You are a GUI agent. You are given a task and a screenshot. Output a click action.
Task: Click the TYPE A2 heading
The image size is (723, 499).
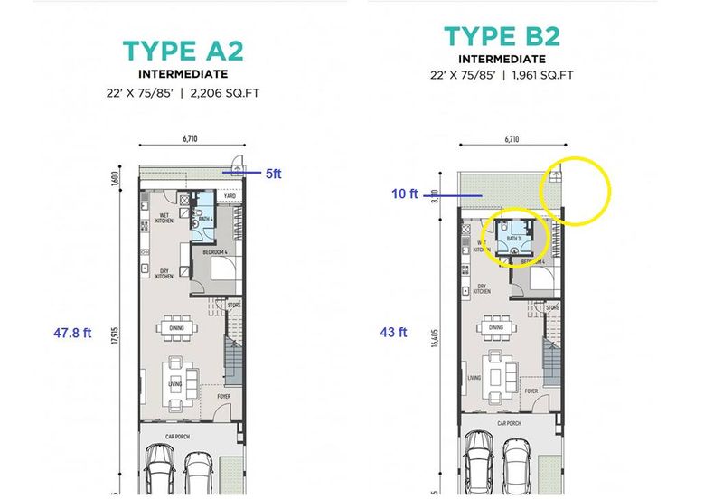click(183, 50)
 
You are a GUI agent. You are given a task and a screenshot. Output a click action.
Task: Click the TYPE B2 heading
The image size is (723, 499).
click(502, 36)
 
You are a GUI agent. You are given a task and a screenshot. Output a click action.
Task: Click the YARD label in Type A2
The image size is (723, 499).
click(230, 195)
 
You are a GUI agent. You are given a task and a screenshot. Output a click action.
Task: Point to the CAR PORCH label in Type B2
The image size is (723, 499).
click(508, 422)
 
